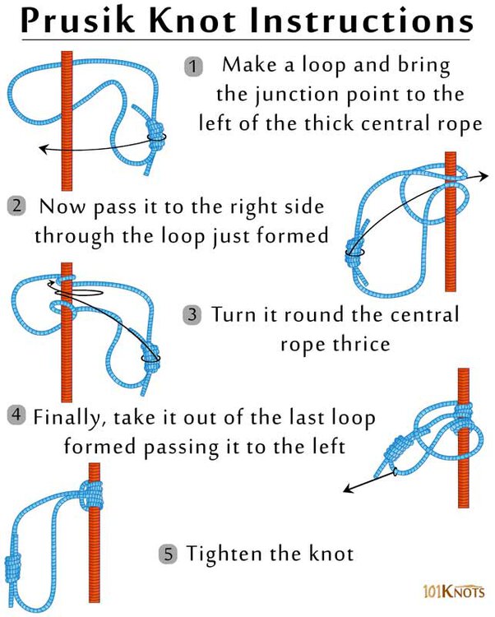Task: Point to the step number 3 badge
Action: (x=192, y=313)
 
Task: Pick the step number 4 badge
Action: (x=16, y=415)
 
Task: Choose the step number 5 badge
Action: (x=169, y=554)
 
